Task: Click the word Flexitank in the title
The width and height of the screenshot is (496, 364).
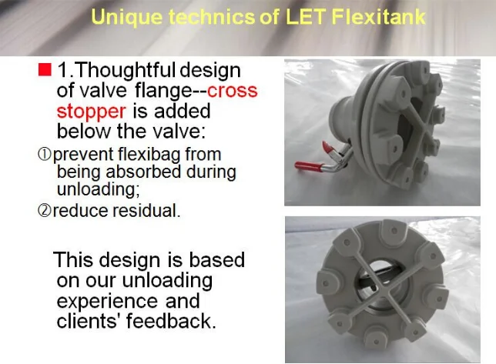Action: point(378,16)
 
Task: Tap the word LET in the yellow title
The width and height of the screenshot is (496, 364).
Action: point(306,16)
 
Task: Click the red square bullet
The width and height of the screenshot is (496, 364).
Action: point(45,70)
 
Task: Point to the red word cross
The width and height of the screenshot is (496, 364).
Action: point(232,91)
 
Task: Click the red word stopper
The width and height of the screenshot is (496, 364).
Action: point(91,112)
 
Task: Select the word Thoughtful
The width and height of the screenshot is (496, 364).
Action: point(126,70)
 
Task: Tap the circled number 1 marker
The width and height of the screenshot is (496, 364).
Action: point(45,154)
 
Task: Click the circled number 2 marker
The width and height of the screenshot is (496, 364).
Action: point(45,210)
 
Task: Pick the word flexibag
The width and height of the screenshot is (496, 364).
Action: point(150,155)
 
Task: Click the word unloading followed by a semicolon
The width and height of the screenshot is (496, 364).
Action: point(99,190)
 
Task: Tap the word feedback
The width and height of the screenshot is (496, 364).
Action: point(171,321)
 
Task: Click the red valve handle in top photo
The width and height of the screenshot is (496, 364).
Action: point(308,165)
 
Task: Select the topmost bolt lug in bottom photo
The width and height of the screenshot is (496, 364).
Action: point(394,229)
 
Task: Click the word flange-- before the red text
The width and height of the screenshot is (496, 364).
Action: point(171,92)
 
